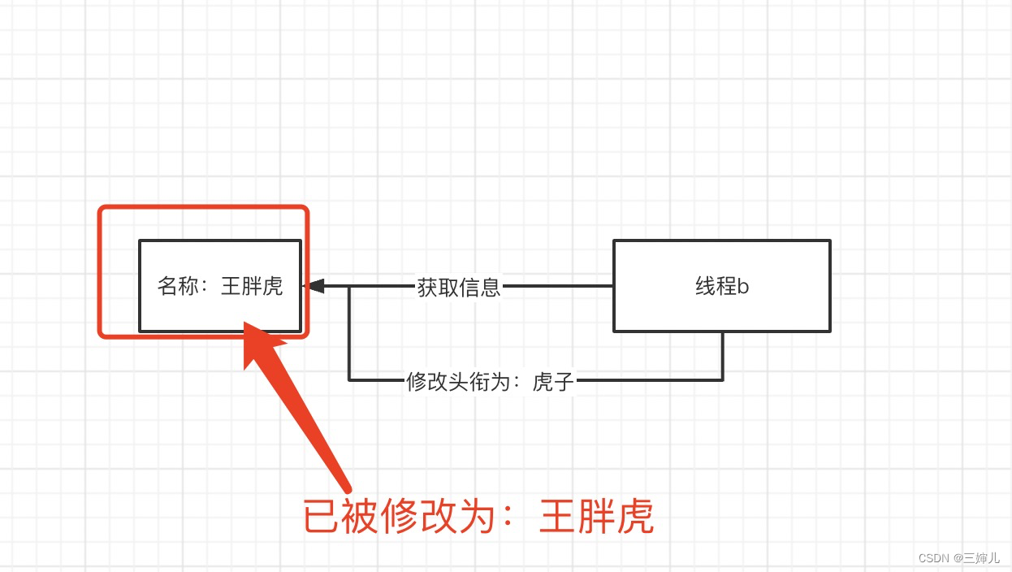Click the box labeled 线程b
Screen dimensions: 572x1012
pyautogui.click(x=721, y=286)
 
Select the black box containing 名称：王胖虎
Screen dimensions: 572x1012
pyautogui.click(x=219, y=286)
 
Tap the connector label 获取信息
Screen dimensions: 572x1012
pyautogui.click(x=459, y=287)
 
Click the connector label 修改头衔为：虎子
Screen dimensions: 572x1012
pyautogui.click(x=490, y=380)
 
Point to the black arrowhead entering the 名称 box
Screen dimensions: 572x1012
pyautogui.click(x=314, y=286)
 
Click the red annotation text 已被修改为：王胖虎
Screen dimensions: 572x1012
pyautogui.click(x=478, y=518)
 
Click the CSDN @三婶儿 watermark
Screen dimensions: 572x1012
pyautogui.click(x=959, y=558)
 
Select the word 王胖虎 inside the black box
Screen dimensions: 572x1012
pyautogui.click(x=252, y=287)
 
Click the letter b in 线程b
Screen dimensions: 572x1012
pyautogui.click(x=742, y=287)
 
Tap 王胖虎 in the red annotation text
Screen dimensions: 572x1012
pyautogui.click(x=596, y=518)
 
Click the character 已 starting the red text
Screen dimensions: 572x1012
pyautogui.click(x=322, y=518)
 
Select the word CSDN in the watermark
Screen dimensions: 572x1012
pyautogui.click(x=934, y=558)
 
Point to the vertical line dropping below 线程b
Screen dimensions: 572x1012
pyautogui.click(x=722, y=356)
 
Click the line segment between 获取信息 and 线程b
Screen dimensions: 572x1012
pyautogui.click(x=557, y=286)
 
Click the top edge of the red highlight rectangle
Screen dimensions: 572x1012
pyautogui.click(x=203, y=208)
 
